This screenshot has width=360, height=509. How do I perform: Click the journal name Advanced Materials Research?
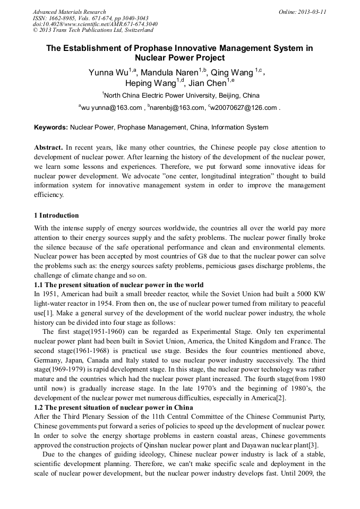[x=69, y=12]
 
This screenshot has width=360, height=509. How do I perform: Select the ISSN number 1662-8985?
[x=65, y=18]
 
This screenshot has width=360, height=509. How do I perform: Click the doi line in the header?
[x=95, y=24]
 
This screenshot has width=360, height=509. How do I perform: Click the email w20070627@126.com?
[x=244, y=108]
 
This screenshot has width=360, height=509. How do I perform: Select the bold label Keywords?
[x=51, y=127]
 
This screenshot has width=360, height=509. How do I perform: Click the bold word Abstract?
[x=48, y=147]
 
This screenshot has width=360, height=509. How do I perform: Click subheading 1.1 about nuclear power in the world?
[x=118, y=285]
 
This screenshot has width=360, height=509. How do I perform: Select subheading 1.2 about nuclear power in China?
[x=113, y=407]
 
